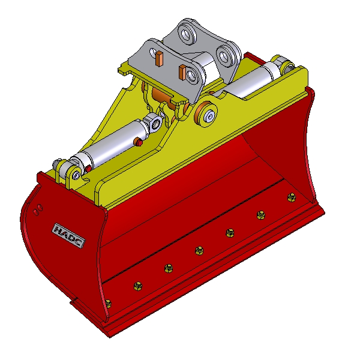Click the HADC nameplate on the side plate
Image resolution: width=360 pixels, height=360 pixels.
(68, 235)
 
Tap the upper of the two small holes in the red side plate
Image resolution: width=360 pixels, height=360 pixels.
(40, 208)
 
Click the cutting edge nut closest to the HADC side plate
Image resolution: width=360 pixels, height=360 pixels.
(108, 304)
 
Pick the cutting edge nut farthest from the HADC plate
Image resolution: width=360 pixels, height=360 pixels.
(292, 197)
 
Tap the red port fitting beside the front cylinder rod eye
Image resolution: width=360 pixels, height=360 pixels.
(139, 142)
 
